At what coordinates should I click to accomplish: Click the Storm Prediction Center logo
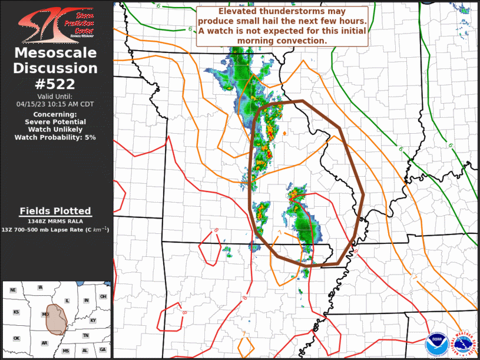(56, 23)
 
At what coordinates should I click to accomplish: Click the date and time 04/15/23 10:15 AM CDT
(55, 104)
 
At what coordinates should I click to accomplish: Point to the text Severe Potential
(55, 121)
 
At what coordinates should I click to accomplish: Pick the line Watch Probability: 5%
(55, 137)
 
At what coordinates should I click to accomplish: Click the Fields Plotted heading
(55, 211)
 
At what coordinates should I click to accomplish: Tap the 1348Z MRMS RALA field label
(55, 221)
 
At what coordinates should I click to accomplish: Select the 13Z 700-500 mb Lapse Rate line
(55, 229)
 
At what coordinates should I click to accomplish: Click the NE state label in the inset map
(13, 290)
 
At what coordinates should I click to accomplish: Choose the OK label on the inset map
(16, 338)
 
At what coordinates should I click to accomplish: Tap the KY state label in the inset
(92, 321)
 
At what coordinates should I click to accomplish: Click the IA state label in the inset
(40, 288)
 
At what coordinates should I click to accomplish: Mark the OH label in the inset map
(103, 296)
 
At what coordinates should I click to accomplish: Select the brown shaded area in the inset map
(57, 319)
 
